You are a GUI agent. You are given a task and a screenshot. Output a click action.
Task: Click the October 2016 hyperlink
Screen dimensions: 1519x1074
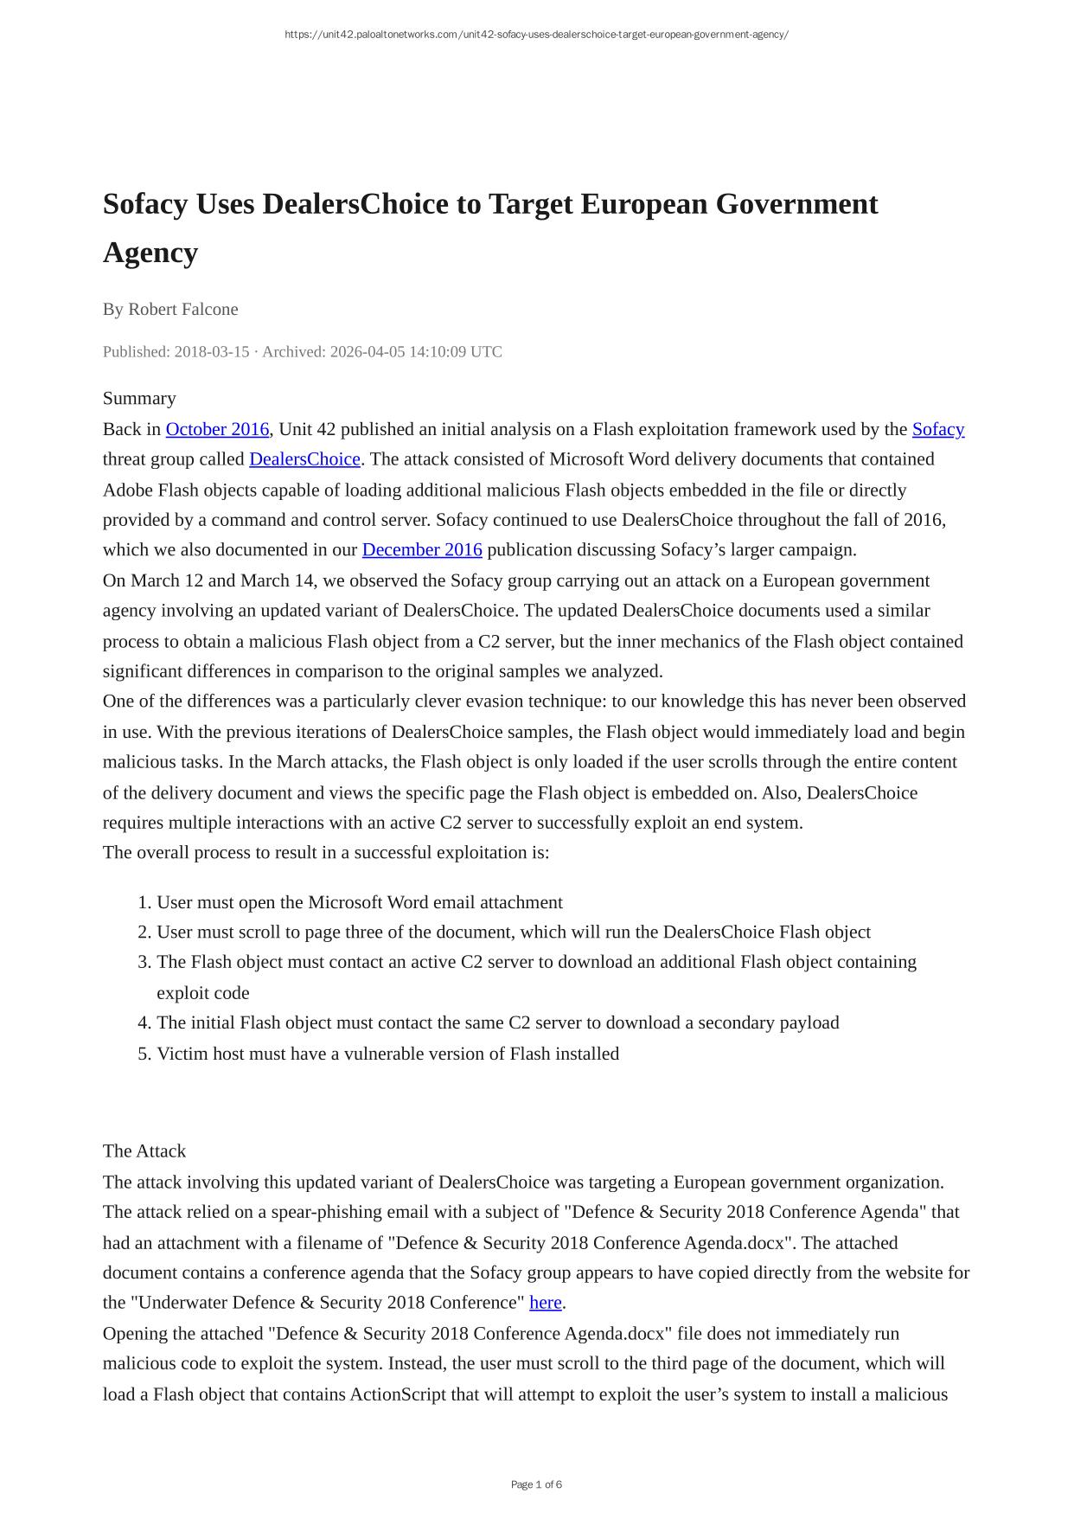[217, 429]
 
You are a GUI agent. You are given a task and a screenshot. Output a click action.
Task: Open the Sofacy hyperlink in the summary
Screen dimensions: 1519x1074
[937, 429]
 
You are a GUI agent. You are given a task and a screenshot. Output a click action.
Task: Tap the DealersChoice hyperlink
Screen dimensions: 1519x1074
[304, 459]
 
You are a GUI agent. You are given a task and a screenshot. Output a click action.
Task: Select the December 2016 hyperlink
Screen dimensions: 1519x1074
[422, 550]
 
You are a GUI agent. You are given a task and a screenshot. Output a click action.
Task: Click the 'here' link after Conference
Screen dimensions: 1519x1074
[545, 1303]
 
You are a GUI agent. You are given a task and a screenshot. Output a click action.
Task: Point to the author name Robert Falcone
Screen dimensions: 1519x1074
[183, 310]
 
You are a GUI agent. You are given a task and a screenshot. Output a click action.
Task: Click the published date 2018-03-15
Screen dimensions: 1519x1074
[212, 352]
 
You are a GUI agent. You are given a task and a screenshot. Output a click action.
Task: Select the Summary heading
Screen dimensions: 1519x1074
[139, 399]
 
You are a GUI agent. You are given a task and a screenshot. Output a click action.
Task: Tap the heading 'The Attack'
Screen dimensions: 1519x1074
[144, 1151]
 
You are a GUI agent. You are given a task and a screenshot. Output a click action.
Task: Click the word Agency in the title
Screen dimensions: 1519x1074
[150, 253]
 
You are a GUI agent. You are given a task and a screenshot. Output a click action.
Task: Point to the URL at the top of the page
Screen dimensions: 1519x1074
[536, 35]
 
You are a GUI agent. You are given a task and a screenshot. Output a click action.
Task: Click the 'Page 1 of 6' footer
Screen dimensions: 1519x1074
[536, 1484]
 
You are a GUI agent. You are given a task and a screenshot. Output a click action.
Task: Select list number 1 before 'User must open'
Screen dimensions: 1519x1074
[144, 903]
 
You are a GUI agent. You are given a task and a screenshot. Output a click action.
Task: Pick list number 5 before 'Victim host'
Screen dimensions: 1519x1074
[144, 1054]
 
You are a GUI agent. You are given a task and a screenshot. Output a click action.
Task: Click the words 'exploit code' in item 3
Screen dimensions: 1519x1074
[202, 993]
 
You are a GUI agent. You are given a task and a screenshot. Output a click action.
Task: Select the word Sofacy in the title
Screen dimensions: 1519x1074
[145, 205]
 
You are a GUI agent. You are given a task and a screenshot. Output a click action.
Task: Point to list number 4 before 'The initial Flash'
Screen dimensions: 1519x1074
[144, 1023]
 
